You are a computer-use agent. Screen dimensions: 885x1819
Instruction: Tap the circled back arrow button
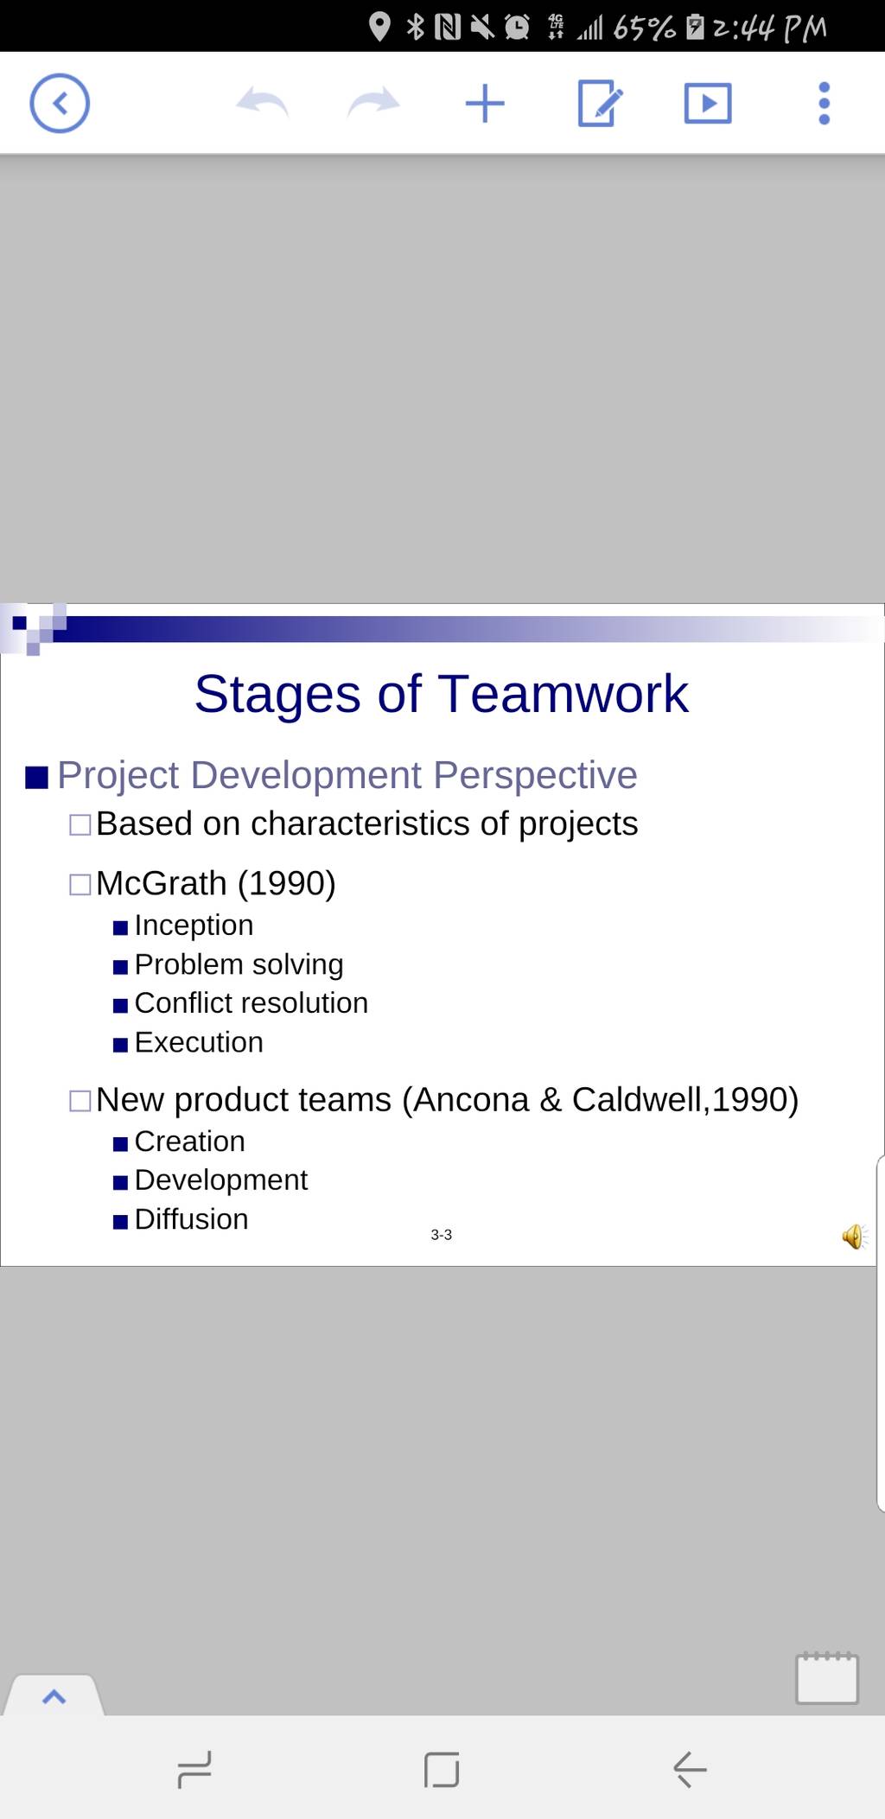60,104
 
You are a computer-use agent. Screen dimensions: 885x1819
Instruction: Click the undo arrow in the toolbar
262,102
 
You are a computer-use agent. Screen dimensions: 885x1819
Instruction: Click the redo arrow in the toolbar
373,102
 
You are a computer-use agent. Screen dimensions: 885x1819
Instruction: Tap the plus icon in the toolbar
485,104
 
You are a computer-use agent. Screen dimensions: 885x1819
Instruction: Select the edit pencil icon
599,103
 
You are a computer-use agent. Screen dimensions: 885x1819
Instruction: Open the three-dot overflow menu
824,104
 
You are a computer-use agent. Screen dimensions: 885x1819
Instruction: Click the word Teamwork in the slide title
563,694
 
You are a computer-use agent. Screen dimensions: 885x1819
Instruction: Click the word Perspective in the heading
535,776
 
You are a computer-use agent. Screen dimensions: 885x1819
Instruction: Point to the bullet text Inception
194,925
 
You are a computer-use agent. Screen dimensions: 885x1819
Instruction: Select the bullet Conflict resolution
251,1002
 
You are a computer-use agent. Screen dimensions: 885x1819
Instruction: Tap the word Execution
199,1042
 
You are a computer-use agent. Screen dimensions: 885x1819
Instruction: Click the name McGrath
162,883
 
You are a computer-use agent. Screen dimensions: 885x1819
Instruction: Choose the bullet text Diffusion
191,1218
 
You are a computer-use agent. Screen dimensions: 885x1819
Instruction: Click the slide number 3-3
441,1235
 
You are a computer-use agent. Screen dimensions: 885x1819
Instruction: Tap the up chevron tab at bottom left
54,1696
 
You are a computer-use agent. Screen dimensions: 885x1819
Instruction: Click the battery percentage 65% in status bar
644,29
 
